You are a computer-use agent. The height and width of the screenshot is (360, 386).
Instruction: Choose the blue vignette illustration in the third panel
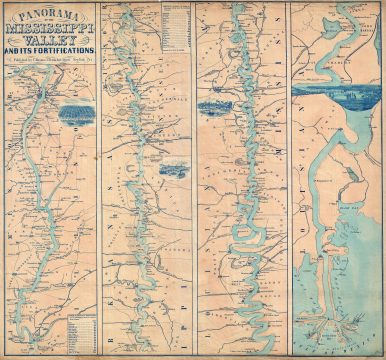tap(215, 106)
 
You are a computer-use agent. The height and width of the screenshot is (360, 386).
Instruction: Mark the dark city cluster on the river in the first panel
tap(41, 97)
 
